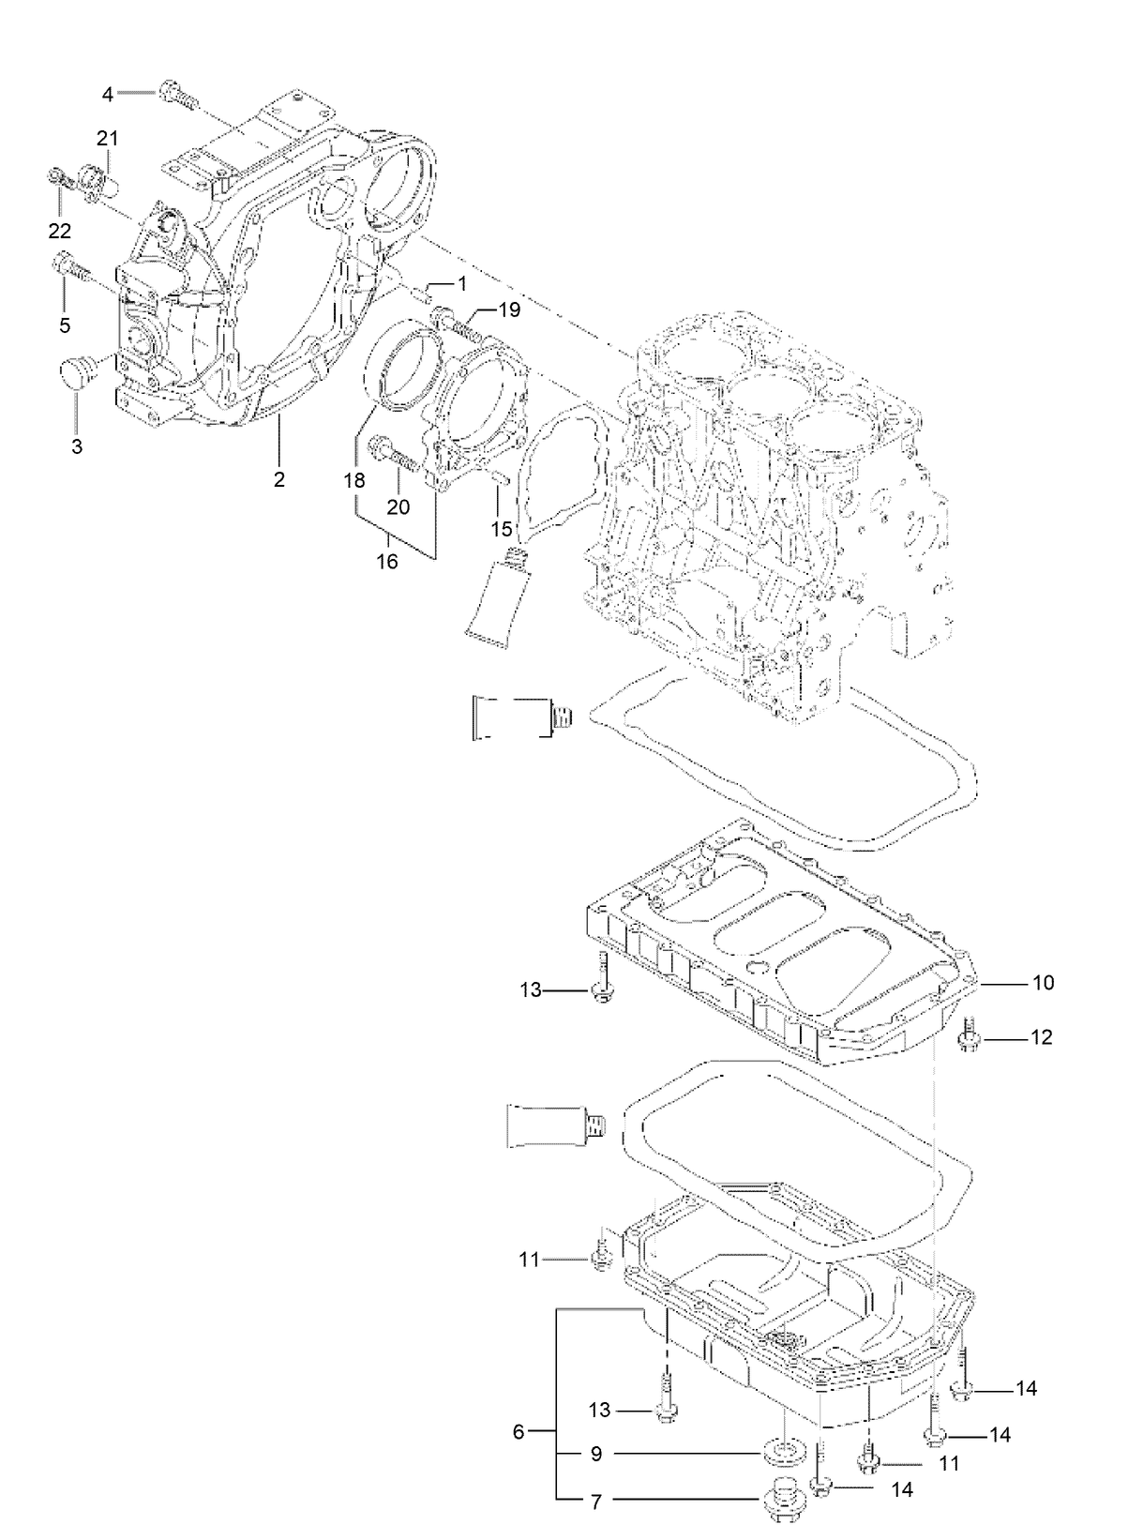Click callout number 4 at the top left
108,94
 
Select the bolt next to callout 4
176,94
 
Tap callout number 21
107,139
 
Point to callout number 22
59,231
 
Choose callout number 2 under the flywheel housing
278,480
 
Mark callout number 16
387,562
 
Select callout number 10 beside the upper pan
1044,983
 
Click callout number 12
1042,1037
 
